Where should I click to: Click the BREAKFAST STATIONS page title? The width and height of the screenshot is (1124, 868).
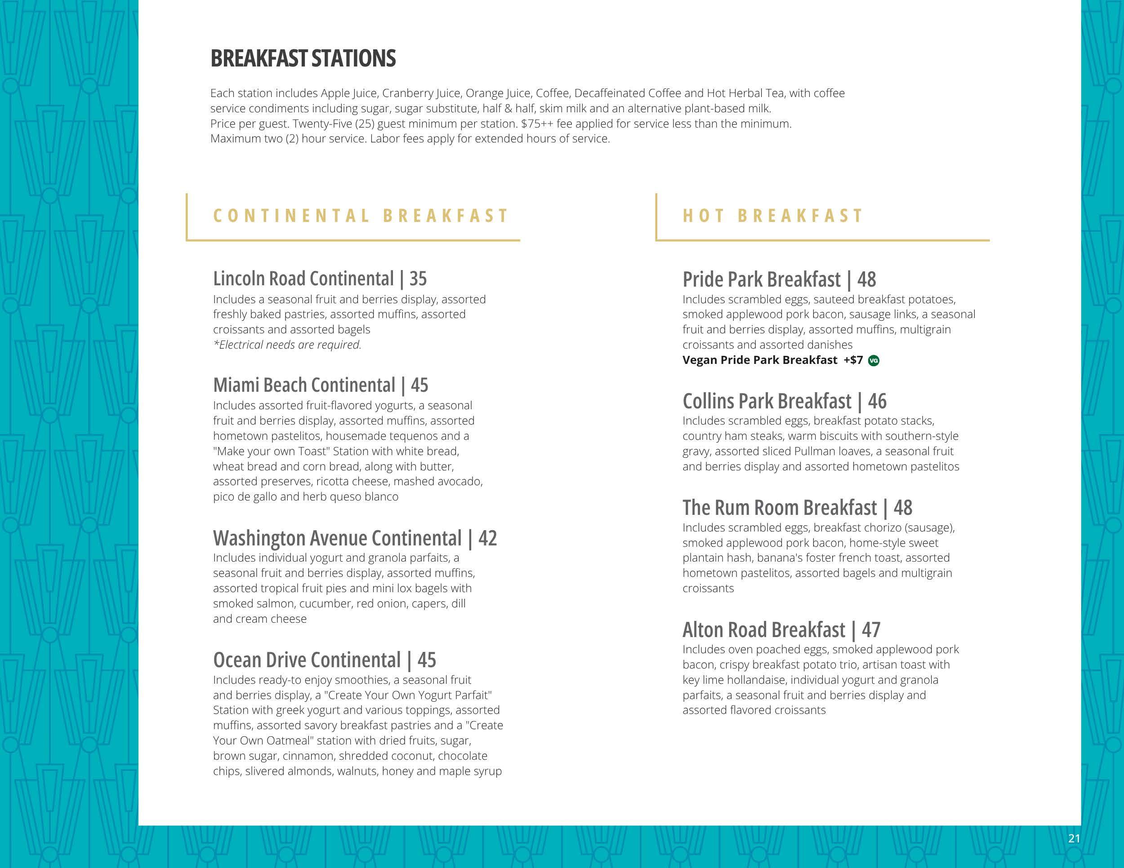pos(303,58)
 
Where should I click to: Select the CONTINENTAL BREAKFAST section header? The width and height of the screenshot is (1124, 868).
pos(361,216)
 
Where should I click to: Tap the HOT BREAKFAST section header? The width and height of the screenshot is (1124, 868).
pos(773,216)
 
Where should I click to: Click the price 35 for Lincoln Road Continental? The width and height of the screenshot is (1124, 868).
pos(418,279)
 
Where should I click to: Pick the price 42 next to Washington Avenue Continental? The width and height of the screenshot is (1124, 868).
pos(487,538)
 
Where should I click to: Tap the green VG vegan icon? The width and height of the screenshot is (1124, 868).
pos(874,361)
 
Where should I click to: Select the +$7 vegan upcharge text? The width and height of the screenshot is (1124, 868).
pos(853,360)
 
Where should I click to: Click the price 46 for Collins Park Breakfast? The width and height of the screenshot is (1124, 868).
pos(877,401)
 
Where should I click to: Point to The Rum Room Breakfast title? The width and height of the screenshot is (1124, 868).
pos(779,508)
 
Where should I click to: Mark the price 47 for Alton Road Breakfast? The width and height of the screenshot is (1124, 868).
pos(871,630)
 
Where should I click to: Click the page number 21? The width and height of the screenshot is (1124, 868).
pos(1074,839)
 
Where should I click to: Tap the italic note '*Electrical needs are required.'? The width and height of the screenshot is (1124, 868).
pos(287,345)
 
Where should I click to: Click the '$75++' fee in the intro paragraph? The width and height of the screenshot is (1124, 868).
pos(537,124)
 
